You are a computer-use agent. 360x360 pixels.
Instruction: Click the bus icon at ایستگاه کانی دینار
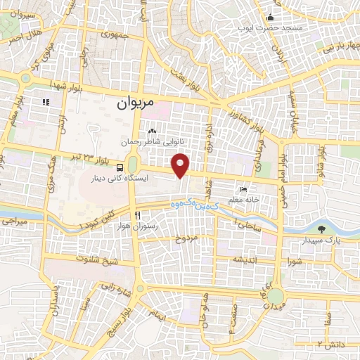point(121,168)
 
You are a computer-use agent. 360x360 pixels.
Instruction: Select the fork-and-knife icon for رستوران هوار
point(138,214)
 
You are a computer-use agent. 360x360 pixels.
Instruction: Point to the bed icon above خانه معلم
point(244,189)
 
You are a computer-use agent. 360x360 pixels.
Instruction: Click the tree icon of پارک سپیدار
point(322,229)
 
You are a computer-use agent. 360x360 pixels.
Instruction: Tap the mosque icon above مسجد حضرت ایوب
point(268,17)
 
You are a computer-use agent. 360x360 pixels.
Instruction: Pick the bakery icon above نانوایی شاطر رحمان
point(152,131)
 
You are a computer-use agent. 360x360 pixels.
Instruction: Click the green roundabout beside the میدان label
point(276,299)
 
